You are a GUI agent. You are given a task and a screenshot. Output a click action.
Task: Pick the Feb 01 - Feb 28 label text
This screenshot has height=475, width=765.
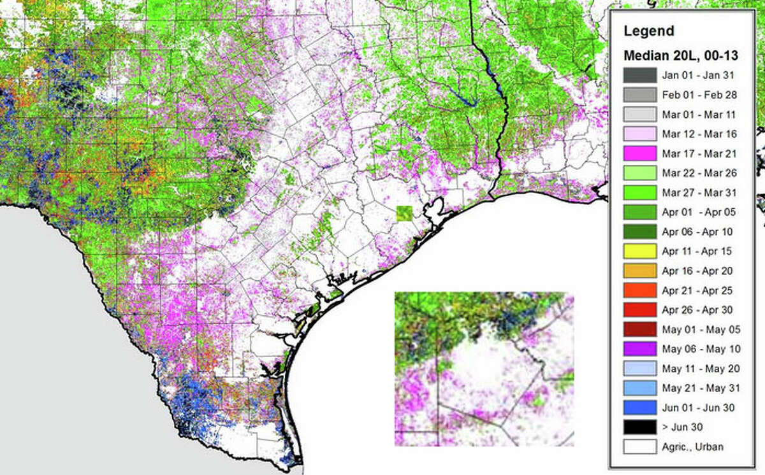tap(697, 95)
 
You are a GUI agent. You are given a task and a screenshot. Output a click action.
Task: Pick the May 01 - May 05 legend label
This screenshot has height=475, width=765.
tap(698, 329)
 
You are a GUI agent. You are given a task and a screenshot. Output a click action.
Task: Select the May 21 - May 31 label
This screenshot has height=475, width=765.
tap(698, 388)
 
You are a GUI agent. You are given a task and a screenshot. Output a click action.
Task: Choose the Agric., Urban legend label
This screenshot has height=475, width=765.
tap(692, 447)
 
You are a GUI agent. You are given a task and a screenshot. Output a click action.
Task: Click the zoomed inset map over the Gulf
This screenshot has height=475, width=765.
tap(484, 369)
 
